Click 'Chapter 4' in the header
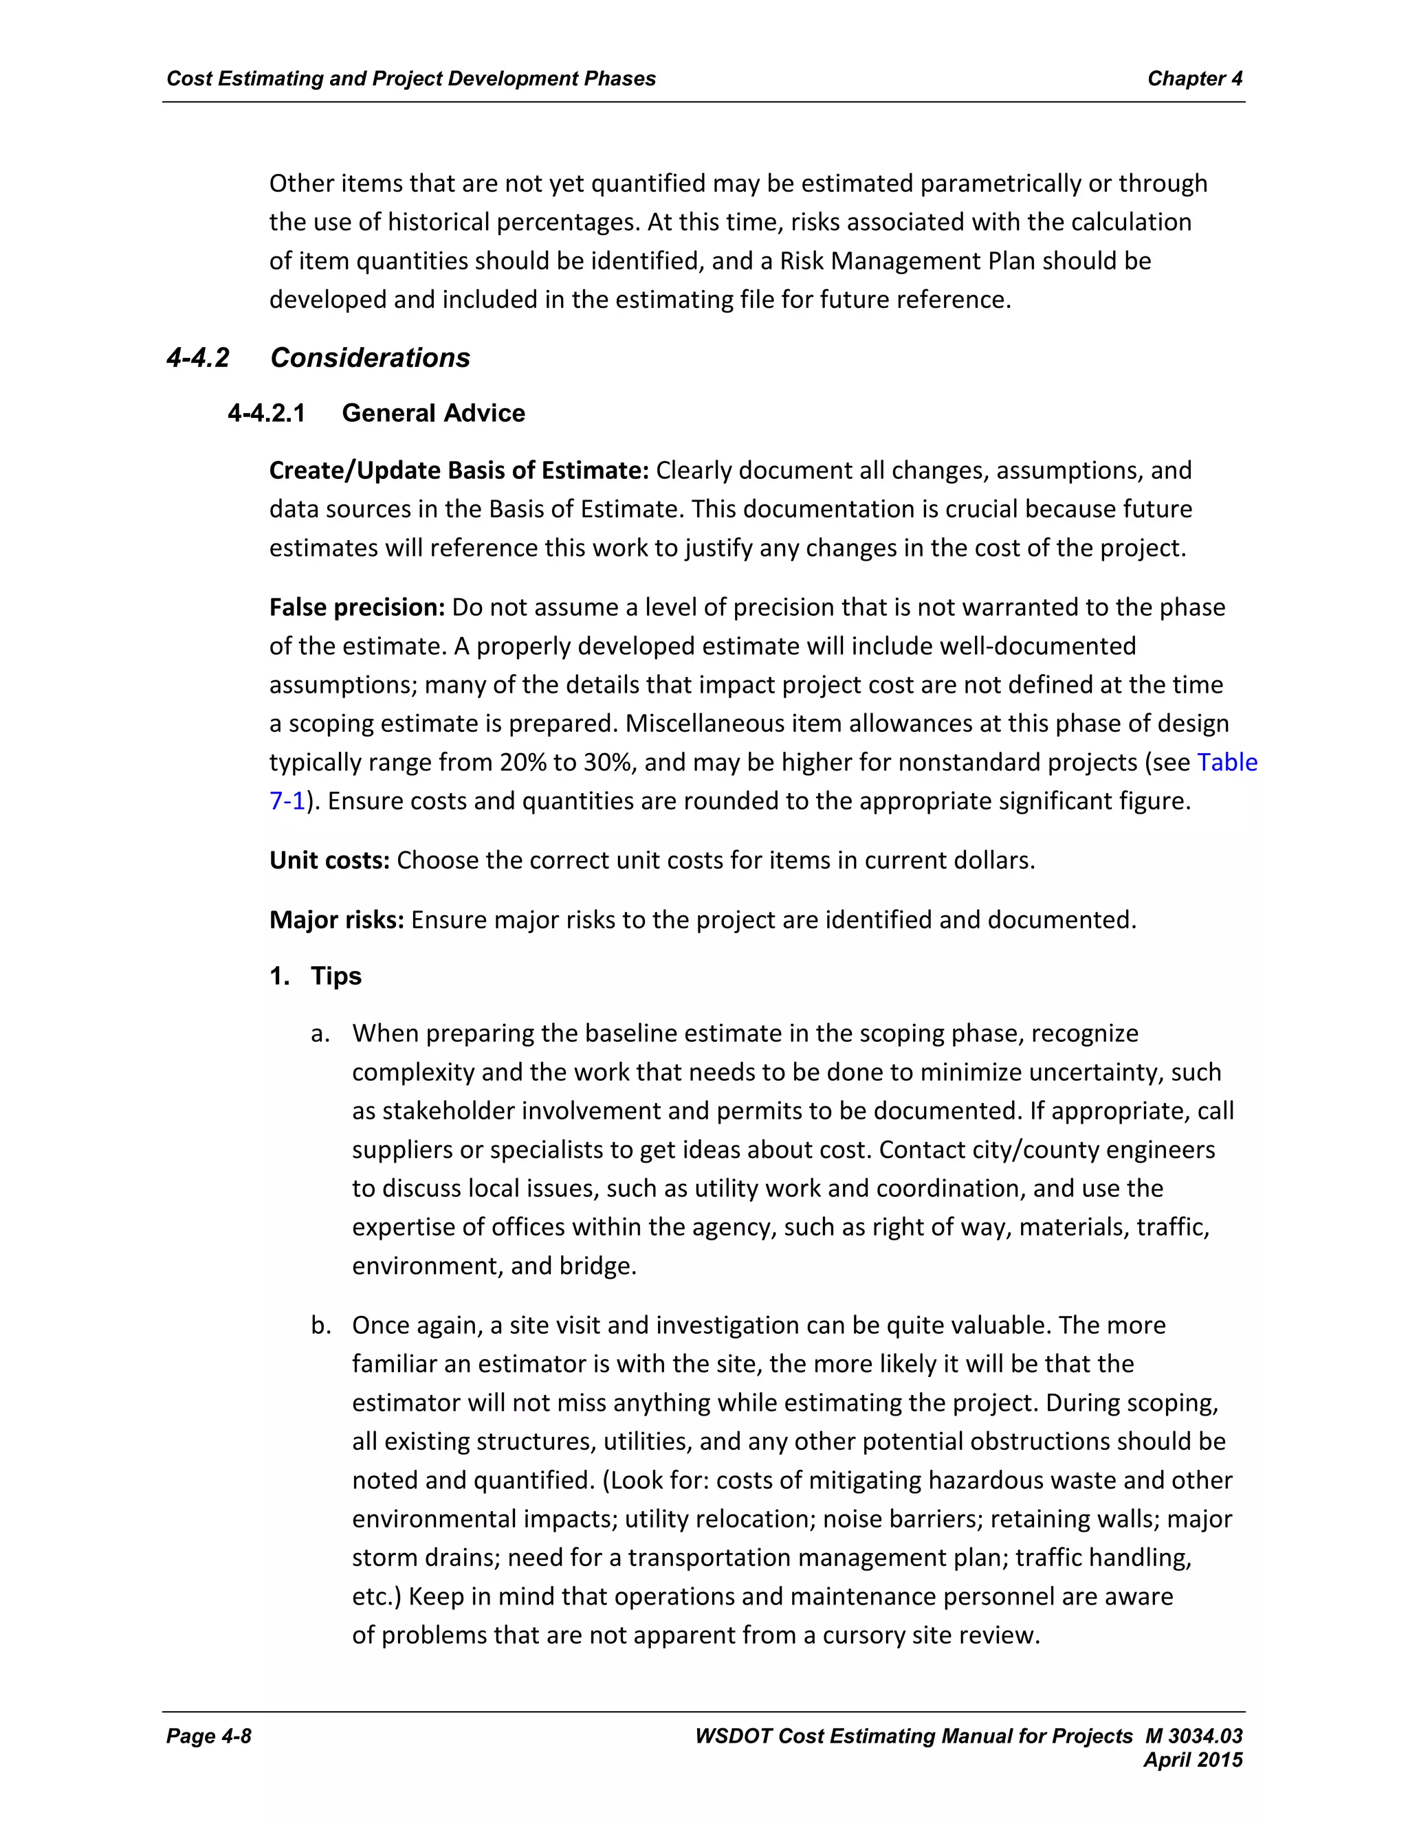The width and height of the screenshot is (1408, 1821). pyautogui.click(x=1194, y=78)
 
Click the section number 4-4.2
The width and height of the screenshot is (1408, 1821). pyautogui.click(x=198, y=358)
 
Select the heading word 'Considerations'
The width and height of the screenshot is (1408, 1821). pyautogui.click(x=371, y=358)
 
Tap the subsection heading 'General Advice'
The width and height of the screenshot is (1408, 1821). pyautogui.click(x=433, y=413)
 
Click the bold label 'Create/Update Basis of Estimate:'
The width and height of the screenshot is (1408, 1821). pyautogui.click(x=459, y=470)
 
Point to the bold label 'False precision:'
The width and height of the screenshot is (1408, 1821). pyautogui.click(x=357, y=607)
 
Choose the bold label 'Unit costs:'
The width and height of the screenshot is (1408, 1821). pyautogui.click(x=329, y=860)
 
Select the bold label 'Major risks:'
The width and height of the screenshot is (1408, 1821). pyautogui.click(x=336, y=919)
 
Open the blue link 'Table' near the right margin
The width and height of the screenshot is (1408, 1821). pyautogui.click(x=1227, y=762)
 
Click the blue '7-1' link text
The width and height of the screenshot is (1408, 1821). pyautogui.click(x=287, y=801)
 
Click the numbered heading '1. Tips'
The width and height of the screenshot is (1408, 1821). pyautogui.click(x=316, y=976)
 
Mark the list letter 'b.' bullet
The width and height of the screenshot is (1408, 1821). pyautogui.click(x=320, y=1325)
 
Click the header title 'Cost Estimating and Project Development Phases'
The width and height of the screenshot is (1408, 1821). pyautogui.click(x=411, y=78)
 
